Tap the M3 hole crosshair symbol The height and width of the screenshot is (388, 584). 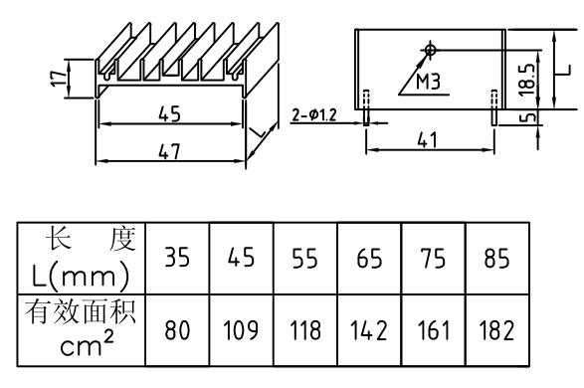click(429, 48)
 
